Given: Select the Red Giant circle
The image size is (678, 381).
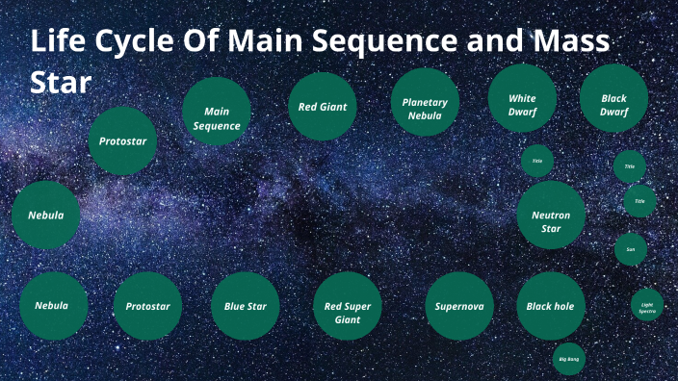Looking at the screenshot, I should coord(323,107).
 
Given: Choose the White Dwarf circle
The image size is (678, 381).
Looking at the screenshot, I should coord(523,99).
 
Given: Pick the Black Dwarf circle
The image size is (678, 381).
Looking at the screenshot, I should coord(613,99).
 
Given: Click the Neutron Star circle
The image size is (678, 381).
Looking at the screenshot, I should coord(551,216).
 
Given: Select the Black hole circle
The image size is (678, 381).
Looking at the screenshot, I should coord(551,306).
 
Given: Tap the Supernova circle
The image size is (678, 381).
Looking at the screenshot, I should coord(459,306).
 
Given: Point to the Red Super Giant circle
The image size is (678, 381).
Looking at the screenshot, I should coord(348,306).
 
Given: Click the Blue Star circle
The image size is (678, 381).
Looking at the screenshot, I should coord(246,306).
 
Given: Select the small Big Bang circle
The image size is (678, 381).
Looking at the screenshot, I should coord(568,359).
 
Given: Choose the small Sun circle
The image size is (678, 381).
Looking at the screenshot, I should coord(631,249).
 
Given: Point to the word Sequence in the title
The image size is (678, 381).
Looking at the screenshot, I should coord(390,44).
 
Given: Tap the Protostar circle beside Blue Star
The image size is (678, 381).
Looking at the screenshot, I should coord(147,306).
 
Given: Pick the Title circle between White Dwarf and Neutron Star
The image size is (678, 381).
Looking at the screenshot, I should coord(537,161).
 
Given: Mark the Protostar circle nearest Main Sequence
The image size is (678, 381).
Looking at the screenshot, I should coord(122,141).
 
